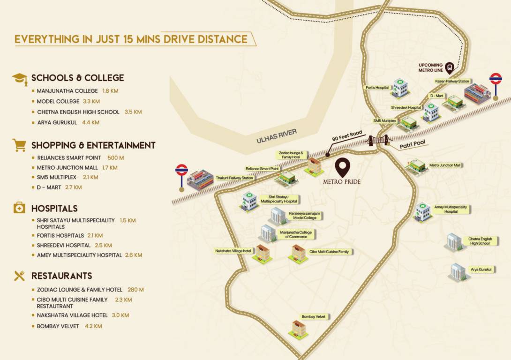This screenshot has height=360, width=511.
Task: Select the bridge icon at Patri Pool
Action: click(x=379, y=140)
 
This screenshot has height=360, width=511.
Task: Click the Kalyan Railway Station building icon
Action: click(x=477, y=94)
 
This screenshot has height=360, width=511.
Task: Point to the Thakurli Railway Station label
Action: click(x=234, y=178)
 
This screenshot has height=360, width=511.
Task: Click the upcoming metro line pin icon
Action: click(x=450, y=68)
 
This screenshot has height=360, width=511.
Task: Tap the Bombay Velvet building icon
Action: click(x=298, y=329)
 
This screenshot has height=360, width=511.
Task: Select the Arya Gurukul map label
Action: click(x=481, y=270)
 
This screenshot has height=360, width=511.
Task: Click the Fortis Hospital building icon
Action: click(x=400, y=88)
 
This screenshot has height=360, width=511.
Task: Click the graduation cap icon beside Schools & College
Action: click(x=20, y=78)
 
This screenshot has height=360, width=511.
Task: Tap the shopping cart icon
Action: click(x=19, y=145)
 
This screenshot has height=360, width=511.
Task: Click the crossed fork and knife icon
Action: click(x=19, y=276)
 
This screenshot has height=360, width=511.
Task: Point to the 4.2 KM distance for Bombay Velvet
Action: click(x=93, y=326)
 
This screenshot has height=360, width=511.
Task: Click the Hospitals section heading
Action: click(x=54, y=208)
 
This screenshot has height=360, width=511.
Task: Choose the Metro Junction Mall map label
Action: click(x=445, y=165)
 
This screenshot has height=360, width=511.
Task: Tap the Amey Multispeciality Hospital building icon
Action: click(x=422, y=212)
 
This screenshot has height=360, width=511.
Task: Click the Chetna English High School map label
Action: click(x=479, y=241)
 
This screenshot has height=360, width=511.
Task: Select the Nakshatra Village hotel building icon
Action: click(x=262, y=254)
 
